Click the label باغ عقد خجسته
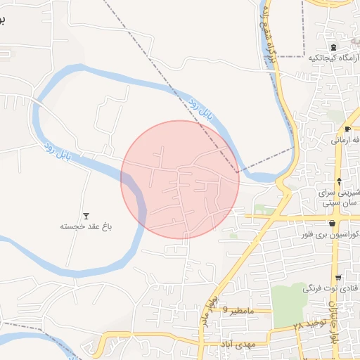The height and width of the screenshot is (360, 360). tap(86, 226)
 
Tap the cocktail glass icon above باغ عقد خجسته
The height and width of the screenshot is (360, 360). tap(86, 215)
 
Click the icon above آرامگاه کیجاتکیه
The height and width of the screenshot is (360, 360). tap(333, 46)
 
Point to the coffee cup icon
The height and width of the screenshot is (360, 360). tap(347, 129)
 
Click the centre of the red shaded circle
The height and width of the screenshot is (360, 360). tap(180, 179)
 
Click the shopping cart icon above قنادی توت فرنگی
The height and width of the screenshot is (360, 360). tap(339, 277)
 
